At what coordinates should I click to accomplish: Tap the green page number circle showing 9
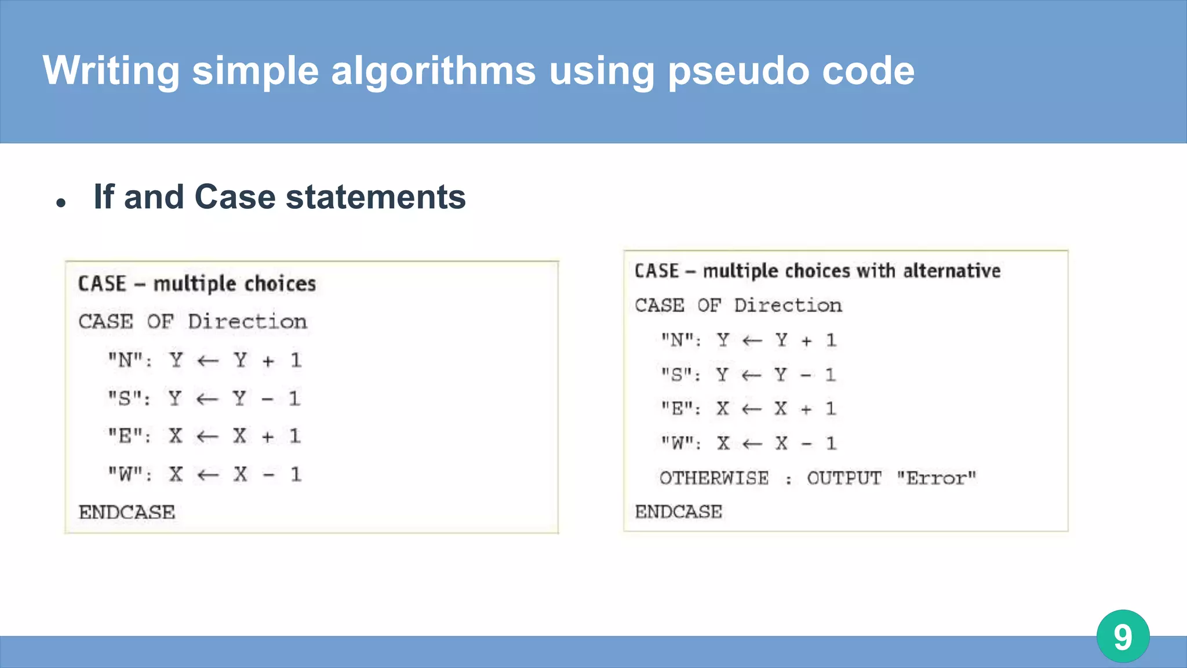(x=1123, y=636)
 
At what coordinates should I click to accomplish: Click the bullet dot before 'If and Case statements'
(x=61, y=203)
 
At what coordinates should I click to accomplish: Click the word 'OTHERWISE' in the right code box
(x=714, y=478)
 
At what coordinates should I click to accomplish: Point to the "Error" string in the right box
(x=936, y=478)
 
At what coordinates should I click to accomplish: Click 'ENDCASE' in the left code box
(x=127, y=513)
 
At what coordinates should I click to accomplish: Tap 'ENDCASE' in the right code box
(x=679, y=512)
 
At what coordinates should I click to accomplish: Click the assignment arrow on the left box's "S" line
(x=207, y=399)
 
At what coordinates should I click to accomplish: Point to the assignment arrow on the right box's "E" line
(x=752, y=409)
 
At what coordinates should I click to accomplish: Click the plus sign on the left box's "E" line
(x=267, y=437)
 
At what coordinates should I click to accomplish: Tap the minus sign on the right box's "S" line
(x=806, y=376)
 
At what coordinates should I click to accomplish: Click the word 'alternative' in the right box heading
(x=952, y=271)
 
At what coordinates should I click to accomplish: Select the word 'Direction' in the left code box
(x=247, y=322)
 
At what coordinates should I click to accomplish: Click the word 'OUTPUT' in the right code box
(x=844, y=478)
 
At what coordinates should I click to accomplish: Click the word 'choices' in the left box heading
(x=280, y=284)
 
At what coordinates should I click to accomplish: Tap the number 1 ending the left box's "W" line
(x=296, y=475)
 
